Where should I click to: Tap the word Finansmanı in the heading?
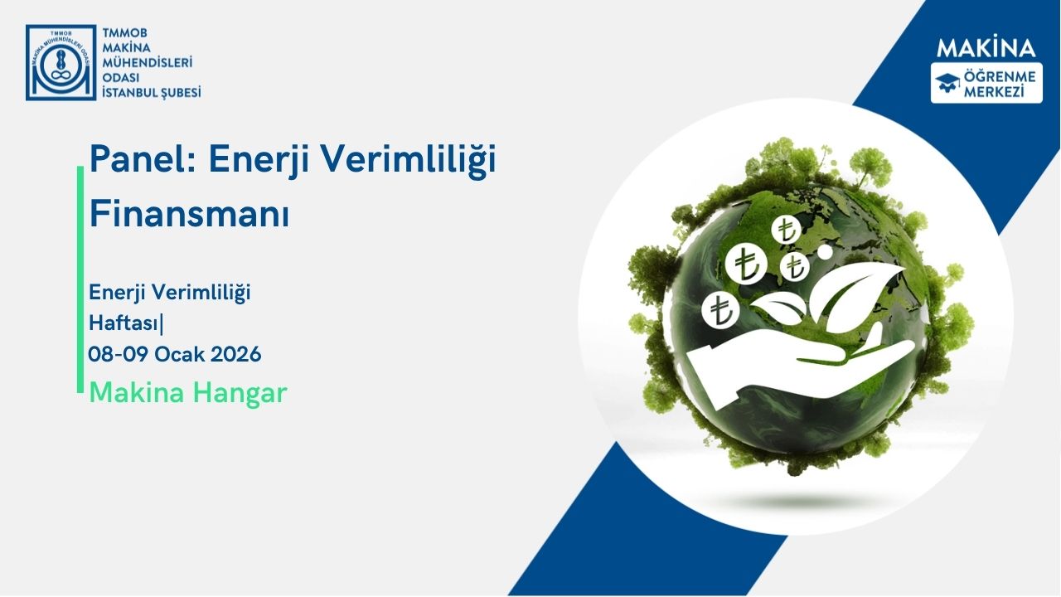pos(189,214)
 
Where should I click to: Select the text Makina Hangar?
pos(187,392)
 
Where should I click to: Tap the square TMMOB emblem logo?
pos(61,62)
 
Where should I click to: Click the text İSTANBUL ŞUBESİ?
pos(150,92)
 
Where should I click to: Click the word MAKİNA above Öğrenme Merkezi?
pos(986,47)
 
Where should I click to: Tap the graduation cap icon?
pos(947,80)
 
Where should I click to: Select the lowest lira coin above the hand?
pos(719,309)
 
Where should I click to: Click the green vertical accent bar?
pos(80,279)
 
